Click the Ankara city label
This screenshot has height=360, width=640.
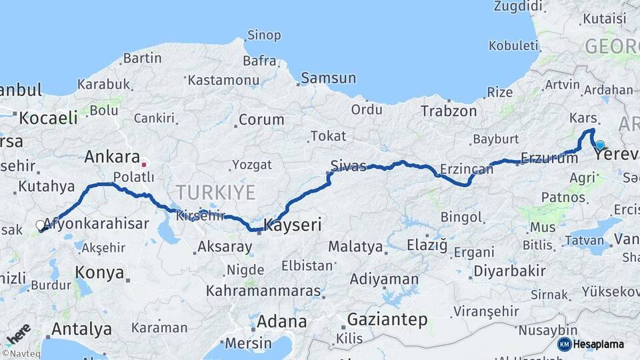point(111,157)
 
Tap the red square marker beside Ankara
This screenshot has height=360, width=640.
point(143,163)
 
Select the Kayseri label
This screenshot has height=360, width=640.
point(293,225)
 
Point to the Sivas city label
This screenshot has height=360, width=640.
point(349,166)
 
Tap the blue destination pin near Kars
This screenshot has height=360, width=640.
point(600,145)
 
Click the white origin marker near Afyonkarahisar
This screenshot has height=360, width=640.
point(40,225)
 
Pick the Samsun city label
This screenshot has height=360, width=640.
point(328,78)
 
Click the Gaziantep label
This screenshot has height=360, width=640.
point(387,320)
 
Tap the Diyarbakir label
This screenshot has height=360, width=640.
point(509,271)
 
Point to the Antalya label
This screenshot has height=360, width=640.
point(81,329)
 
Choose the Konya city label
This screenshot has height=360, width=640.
point(99,273)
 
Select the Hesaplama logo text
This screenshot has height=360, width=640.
point(599,344)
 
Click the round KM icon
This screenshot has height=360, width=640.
point(564,344)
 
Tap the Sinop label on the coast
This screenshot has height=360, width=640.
point(264,35)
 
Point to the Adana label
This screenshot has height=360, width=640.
point(281,321)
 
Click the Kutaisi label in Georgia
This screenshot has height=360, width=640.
point(604,19)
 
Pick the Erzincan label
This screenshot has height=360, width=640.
point(467,169)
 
